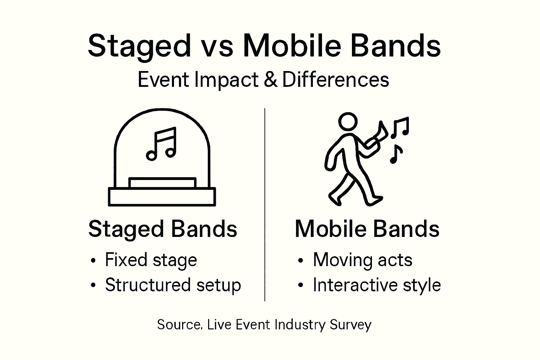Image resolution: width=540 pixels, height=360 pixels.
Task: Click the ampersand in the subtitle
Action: click(270, 80)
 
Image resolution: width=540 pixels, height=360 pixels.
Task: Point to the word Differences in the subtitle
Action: click(335, 80)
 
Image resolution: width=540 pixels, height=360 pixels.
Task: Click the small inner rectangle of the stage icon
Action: click(162, 183)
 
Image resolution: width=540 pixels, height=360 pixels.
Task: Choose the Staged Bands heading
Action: click(162, 229)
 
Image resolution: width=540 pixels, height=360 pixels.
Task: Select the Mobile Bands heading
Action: click(367, 229)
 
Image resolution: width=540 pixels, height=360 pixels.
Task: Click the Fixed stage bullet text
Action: click(151, 261)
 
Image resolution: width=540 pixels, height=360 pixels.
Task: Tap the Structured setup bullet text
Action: click(173, 285)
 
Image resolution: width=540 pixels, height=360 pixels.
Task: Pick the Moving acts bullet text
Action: click(362, 261)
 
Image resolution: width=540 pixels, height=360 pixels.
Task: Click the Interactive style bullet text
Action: click(377, 285)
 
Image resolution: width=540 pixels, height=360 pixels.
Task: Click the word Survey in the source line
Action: click(351, 324)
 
